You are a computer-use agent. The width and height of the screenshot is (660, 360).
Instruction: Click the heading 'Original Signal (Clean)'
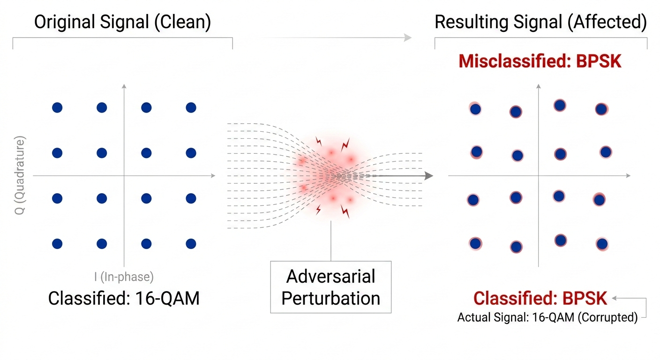click(x=122, y=22)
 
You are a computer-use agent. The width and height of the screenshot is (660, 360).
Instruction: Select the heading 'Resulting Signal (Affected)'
click(x=540, y=22)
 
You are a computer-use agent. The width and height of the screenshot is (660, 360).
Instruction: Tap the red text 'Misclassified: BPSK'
click(x=540, y=61)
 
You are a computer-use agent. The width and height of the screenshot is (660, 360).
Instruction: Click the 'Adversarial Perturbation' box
click(x=331, y=287)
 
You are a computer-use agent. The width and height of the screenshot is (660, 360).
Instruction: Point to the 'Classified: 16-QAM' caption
click(x=124, y=298)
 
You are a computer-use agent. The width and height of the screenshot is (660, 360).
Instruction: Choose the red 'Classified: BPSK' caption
click(x=540, y=298)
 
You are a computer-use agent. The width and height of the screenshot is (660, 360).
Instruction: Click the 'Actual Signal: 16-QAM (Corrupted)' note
click(x=547, y=318)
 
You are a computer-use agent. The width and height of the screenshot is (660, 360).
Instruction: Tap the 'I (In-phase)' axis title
click(x=124, y=277)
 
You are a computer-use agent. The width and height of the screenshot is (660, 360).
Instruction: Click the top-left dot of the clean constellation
click(x=57, y=108)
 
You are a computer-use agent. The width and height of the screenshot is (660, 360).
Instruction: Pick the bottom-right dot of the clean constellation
click(x=191, y=244)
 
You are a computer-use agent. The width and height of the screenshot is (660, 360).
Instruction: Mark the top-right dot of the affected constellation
click(x=601, y=109)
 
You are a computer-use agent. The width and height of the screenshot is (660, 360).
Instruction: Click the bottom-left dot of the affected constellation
click(x=475, y=244)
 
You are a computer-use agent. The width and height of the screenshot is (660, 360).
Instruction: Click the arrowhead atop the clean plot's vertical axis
click(x=124, y=86)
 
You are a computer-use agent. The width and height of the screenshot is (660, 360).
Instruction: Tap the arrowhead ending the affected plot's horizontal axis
click(x=628, y=176)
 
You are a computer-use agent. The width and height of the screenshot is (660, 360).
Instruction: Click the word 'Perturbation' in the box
click(x=331, y=299)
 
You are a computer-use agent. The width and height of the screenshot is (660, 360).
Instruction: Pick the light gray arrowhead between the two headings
click(x=409, y=37)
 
